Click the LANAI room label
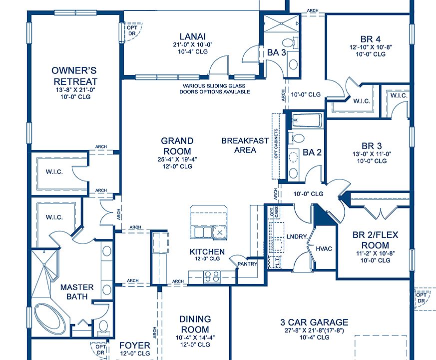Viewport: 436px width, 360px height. [x=193, y=35]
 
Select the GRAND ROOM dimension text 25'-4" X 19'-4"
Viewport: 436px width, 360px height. [x=177, y=160]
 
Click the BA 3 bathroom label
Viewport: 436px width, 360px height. [x=276, y=51]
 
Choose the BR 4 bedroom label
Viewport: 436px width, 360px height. [x=370, y=39]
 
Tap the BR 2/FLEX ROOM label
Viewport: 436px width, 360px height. [x=371, y=240]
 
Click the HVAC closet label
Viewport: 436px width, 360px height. [x=324, y=248]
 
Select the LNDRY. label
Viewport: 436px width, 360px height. [x=296, y=236]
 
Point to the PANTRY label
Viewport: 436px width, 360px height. [x=247, y=263]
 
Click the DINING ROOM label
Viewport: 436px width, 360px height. [x=195, y=324]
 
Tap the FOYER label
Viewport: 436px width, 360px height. [x=134, y=345]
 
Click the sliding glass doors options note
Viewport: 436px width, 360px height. [x=215, y=89]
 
